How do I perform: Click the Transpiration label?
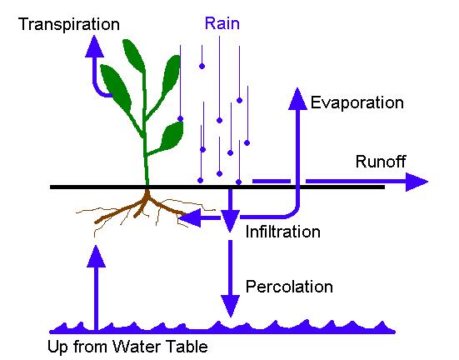coord(69,24)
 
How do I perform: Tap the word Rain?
coord(222,23)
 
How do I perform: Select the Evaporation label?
coord(357,103)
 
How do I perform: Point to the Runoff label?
coord(381,162)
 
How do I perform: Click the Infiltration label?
coord(282,232)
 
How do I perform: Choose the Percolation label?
coord(289,287)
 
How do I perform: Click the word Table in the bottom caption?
coord(188,347)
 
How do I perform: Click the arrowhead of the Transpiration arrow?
coord(94,47)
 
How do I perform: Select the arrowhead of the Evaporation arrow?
coord(297,99)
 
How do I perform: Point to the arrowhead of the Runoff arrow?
coord(417,182)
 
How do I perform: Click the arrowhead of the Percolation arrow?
coord(231,306)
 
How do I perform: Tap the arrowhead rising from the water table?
coord(97,257)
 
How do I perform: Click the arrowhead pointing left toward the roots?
coord(190,217)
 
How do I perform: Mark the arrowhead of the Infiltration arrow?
coord(230,222)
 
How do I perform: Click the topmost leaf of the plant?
coord(134,56)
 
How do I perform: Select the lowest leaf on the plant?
coord(172,136)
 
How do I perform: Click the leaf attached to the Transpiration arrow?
coord(117,88)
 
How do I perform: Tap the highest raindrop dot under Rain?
coord(202,66)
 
